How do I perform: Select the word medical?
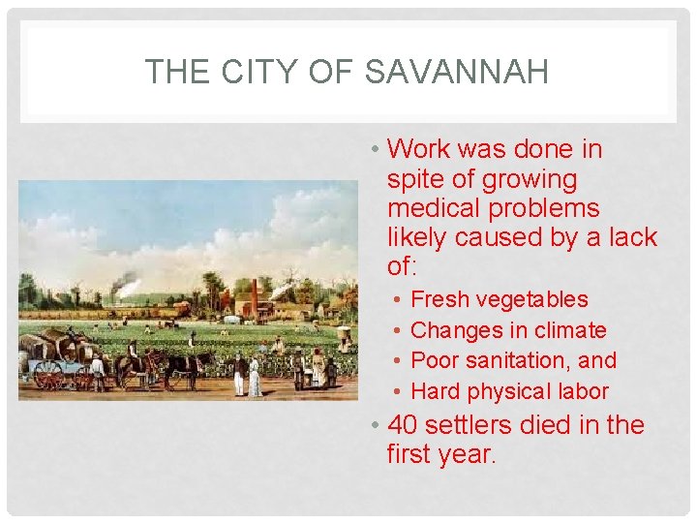pyautogui.click(x=437, y=208)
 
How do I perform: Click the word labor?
pyautogui.click(x=580, y=391)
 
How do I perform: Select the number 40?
pyautogui.click(x=402, y=425)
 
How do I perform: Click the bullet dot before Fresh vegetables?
pyautogui.click(x=399, y=300)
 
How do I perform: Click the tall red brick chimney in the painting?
pyautogui.click(x=255, y=295)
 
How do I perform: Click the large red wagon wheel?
pyautogui.click(x=47, y=375)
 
